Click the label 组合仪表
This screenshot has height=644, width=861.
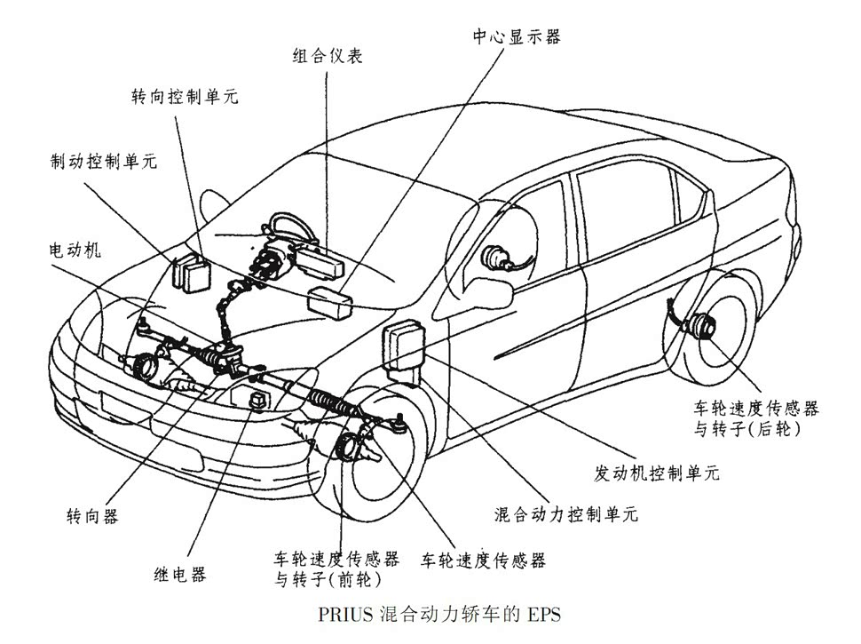click(328, 55)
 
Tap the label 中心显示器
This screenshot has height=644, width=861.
click(516, 36)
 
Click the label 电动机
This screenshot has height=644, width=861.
click(75, 250)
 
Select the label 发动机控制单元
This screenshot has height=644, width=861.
click(656, 473)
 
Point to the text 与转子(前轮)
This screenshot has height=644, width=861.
click(328, 581)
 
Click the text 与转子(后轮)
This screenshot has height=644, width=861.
click(746, 429)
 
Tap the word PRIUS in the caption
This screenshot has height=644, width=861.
click(341, 615)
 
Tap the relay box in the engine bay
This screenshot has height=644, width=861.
click(259, 398)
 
